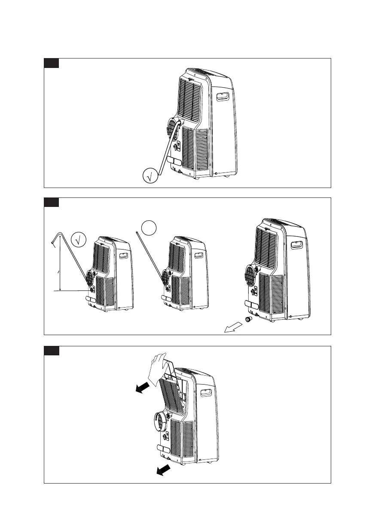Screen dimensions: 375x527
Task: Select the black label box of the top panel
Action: (51, 63)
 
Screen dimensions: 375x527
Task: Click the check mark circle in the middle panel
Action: (79, 239)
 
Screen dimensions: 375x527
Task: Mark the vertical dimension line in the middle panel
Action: (60, 267)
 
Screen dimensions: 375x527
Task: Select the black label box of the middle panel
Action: (51, 203)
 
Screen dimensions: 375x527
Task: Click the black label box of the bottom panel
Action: (51, 351)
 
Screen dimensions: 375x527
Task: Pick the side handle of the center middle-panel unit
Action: (199, 256)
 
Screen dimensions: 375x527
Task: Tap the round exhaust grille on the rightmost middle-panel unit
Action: (250, 273)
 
